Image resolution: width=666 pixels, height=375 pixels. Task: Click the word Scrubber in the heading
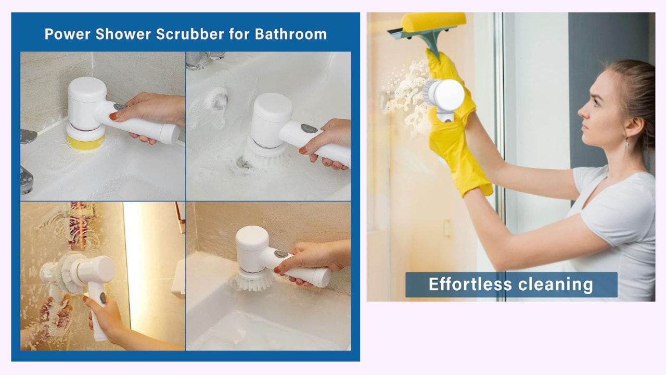point(190,34)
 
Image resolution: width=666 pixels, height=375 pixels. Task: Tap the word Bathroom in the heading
point(291,34)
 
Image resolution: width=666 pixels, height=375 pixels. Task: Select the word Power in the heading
point(68,34)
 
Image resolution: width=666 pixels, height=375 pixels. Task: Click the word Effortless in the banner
point(470,284)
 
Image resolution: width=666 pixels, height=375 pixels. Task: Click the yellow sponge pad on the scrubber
point(86,143)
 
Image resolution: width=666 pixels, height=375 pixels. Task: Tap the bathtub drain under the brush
point(243,163)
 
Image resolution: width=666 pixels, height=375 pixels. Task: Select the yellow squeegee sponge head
point(433,21)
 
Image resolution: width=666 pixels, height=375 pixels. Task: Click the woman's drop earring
point(627,143)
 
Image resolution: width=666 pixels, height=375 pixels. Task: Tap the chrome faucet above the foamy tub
point(204,59)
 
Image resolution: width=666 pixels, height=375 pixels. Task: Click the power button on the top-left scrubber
point(120,107)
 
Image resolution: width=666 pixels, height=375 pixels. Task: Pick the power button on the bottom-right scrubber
point(280,254)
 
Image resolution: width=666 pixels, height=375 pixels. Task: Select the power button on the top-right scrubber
point(309,128)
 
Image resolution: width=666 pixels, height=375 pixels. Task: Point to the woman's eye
point(596,103)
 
